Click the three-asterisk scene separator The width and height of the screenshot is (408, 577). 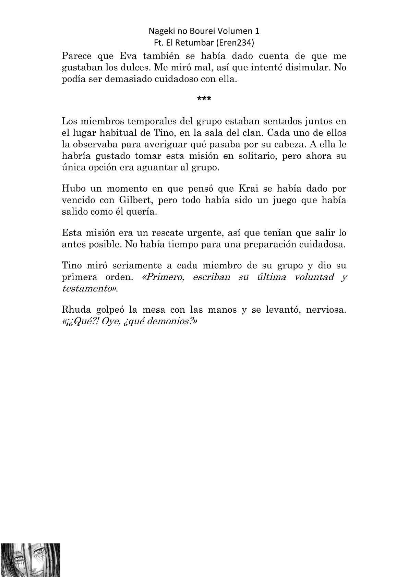pos(204,99)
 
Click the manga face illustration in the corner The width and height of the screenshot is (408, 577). pos(31,560)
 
